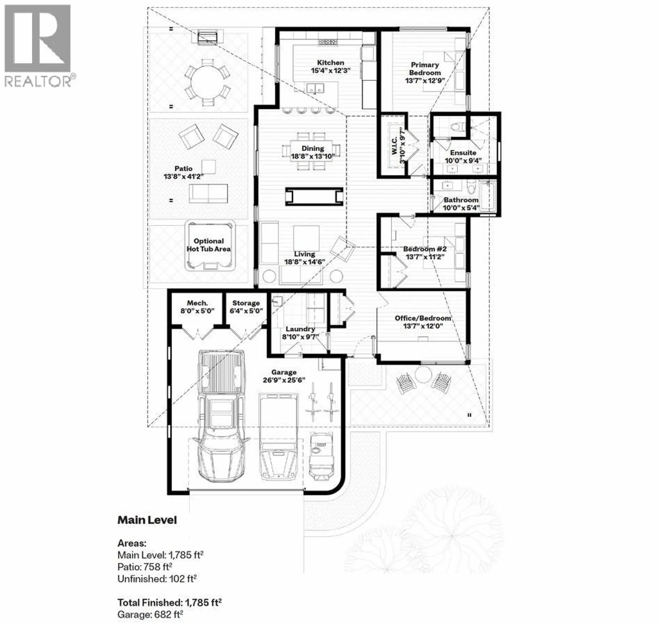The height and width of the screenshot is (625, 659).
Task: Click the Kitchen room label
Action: [330, 63]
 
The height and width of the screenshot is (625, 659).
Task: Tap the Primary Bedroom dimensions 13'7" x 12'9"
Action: [425, 81]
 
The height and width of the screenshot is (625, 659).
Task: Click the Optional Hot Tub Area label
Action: [209, 245]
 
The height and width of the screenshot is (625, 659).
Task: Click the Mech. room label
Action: [197, 303]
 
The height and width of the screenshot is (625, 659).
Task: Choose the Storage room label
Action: [246, 303]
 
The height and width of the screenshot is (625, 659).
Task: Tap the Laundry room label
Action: [300, 329]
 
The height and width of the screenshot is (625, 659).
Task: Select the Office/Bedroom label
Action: [423, 318]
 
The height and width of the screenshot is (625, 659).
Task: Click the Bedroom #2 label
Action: [425, 249]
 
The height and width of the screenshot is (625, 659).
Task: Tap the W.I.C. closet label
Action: [394, 146]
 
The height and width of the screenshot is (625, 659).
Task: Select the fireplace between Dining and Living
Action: [314, 197]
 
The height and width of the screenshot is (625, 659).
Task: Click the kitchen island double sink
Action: [316, 88]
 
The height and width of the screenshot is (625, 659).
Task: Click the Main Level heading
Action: [147, 520]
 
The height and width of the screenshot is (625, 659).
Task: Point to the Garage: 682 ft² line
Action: [150, 614]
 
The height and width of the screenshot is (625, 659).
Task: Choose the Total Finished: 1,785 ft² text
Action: [170, 603]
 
